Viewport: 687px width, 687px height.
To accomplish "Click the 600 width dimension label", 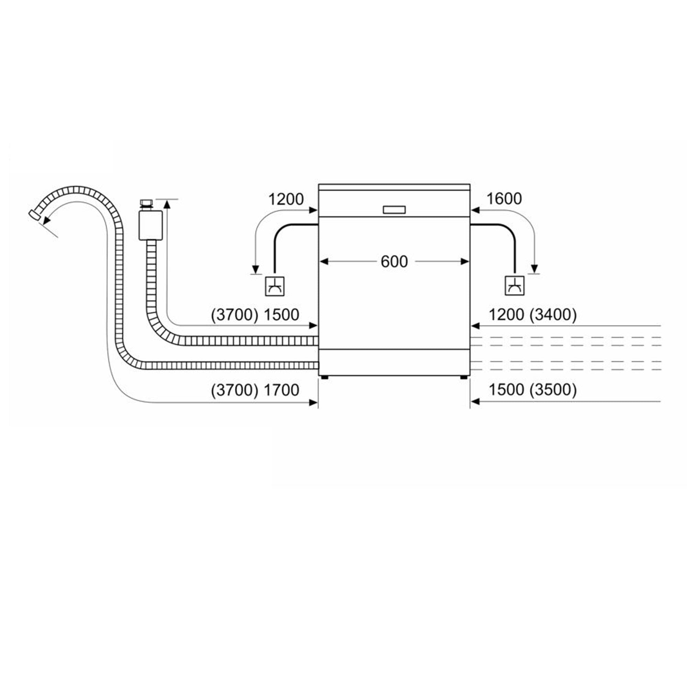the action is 394,262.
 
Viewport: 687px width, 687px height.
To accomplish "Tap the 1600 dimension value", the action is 504,199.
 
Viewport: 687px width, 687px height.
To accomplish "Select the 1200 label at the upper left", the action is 286,199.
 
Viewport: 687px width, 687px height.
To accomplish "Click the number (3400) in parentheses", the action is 553,315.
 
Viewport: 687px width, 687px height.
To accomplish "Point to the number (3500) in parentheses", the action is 553,390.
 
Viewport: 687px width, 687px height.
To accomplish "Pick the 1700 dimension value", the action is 281,390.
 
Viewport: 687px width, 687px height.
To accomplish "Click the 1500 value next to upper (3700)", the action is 281,315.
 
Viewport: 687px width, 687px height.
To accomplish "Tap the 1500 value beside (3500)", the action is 506,390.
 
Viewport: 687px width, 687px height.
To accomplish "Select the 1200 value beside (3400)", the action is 506,315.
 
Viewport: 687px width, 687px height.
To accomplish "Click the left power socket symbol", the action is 275,286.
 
